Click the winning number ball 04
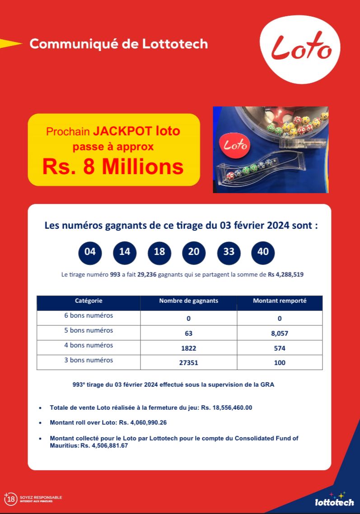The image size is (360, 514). coord(90,252)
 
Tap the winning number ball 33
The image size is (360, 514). coord(229,252)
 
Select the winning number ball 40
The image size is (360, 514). coord(263,252)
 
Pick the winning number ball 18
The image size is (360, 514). coord(159,252)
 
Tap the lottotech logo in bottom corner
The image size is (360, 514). coord(334,501)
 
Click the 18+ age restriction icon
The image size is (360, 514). coord(10,499)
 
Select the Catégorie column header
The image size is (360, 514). coord(89,301)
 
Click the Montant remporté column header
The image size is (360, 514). coord(280,301)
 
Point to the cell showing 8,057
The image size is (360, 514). coord(280,333)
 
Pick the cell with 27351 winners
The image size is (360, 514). coord(188,363)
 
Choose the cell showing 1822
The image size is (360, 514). coord(188,348)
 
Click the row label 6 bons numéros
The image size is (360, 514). coord(89,315)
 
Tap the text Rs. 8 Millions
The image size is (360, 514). coord(113,167)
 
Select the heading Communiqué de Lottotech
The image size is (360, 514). coord(119,44)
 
